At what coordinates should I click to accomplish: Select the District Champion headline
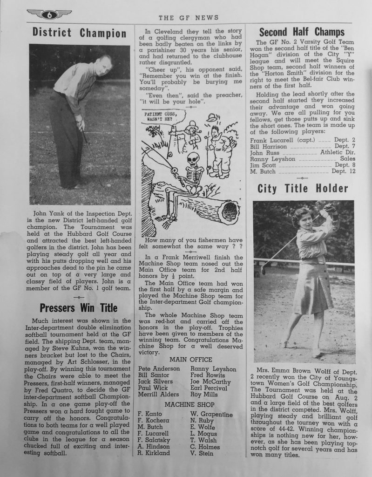[x=80, y=33]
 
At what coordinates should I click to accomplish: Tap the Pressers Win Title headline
[x=79, y=308]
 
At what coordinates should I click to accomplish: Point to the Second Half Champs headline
[x=302, y=32]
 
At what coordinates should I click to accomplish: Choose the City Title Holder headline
[x=303, y=189]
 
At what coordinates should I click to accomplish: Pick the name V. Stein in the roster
[x=202, y=453]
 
